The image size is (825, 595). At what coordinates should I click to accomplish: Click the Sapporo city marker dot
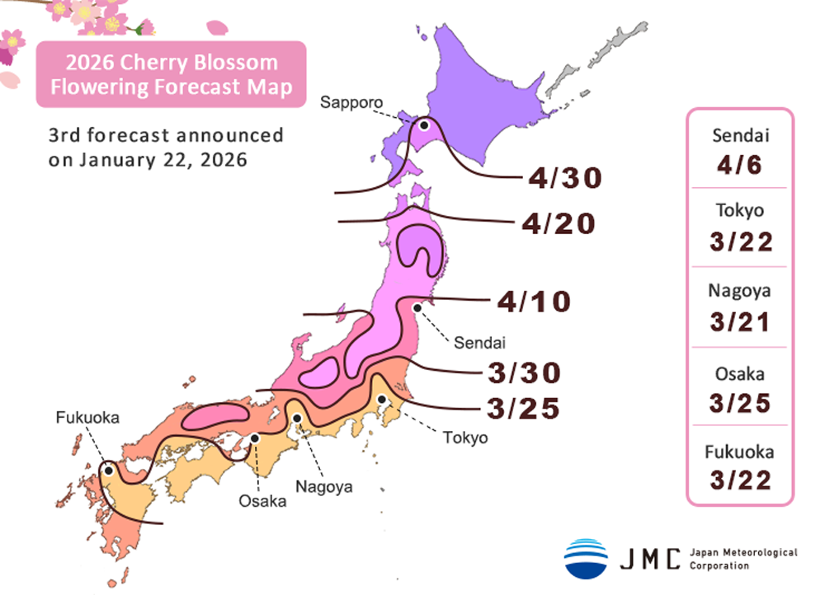click(x=424, y=126)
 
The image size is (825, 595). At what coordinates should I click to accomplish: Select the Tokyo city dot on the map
click(x=382, y=400)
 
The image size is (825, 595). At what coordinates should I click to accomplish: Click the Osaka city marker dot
click(x=256, y=438)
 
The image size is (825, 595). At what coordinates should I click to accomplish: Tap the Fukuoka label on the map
click(x=87, y=418)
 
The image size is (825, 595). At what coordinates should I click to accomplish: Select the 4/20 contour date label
click(x=559, y=223)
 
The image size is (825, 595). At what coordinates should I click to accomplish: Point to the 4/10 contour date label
click(x=534, y=302)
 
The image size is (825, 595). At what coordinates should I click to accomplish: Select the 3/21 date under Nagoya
click(x=739, y=320)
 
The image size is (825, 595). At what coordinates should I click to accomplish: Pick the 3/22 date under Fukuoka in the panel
click(x=739, y=479)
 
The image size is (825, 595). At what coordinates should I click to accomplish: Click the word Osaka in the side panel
click(x=739, y=374)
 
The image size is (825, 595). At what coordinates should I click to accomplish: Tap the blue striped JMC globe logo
click(x=586, y=558)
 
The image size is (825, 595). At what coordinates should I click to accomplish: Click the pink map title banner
click(x=171, y=75)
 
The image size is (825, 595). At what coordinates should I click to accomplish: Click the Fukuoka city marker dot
click(x=108, y=470)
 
